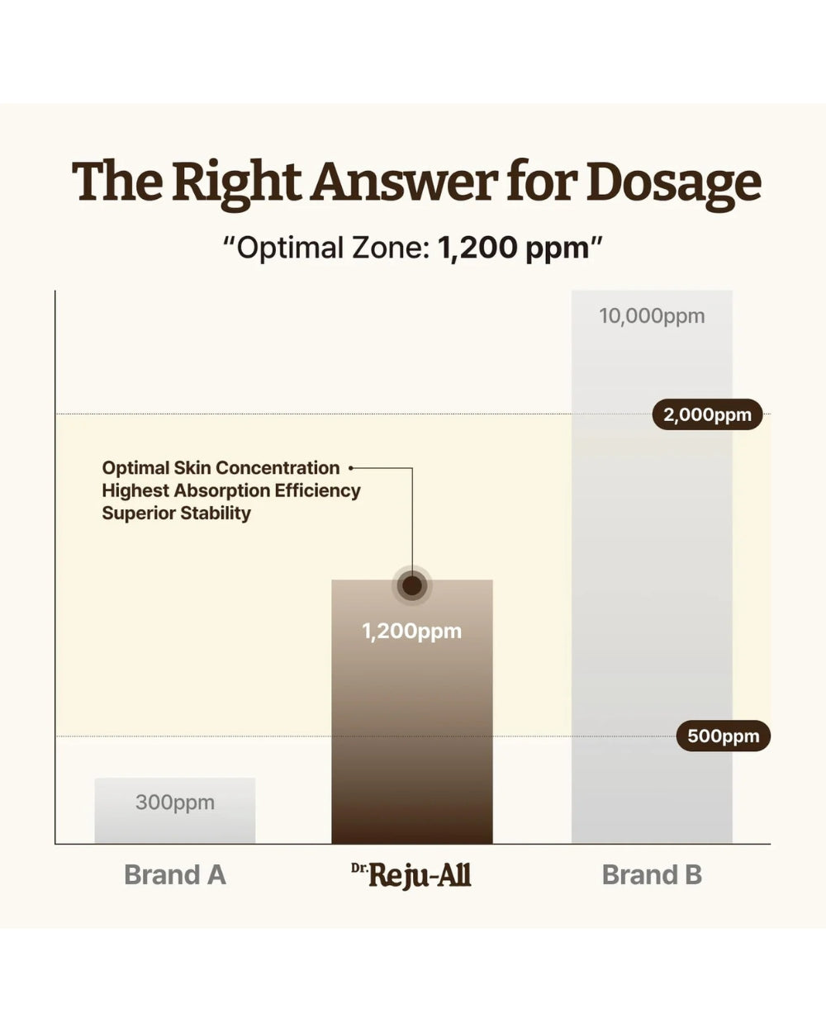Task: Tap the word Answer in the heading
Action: click(404, 181)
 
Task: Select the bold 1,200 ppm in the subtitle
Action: click(514, 249)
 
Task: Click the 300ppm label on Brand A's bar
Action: click(175, 802)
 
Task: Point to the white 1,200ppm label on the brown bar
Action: click(412, 632)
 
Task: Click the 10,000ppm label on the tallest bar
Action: click(652, 316)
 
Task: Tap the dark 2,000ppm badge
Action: click(707, 414)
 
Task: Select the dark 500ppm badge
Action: click(724, 736)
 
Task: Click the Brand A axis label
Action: click(175, 874)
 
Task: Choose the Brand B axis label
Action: click(652, 874)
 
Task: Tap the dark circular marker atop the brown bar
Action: click(412, 585)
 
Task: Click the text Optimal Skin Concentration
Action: click(221, 468)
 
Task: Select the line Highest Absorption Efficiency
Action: click(231, 490)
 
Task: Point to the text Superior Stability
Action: click(176, 514)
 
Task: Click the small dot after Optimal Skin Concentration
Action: click(351, 468)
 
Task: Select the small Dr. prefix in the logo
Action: click(358, 867)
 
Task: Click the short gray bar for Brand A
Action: click(175, 811)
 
